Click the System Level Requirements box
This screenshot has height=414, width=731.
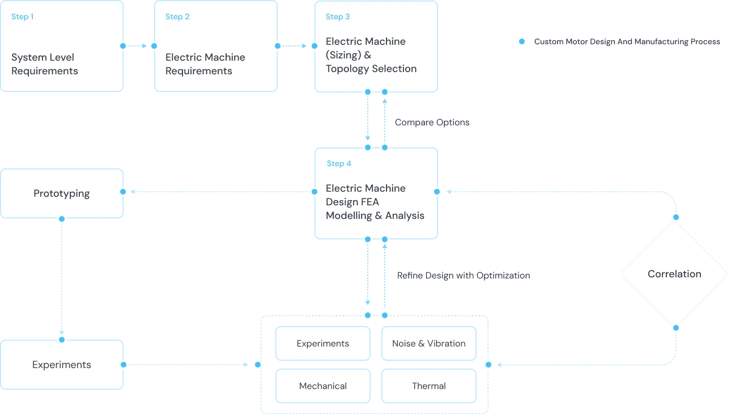[x=61, y=47]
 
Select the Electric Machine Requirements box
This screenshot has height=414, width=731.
[x=215, y=47]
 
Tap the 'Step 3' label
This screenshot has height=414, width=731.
[x=338, y=16]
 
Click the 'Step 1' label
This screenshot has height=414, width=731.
[x=22, y=16]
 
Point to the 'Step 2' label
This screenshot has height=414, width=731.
[x=177, y=16]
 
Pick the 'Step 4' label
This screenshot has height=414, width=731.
[x=339, y=163]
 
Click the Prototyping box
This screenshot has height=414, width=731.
[x=61, y=193]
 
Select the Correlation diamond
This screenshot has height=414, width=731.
[x=674, y=274]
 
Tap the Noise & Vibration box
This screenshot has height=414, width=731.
[x=428, y=343]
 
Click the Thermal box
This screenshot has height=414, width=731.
[x=428, y=386]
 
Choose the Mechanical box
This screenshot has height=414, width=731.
[x=322, y=386]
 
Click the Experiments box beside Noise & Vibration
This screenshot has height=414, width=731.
[x=322, y=343]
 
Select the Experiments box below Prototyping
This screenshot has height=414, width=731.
[x=61, y=365]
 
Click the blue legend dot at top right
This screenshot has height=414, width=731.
[x=522, y=41]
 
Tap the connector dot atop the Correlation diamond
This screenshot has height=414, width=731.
[x=675, y=217]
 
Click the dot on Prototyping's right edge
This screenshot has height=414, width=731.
[x=123, y=192]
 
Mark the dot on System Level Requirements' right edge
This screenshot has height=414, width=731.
[x=123, y=45]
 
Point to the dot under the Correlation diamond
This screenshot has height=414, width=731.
[x=675, y=327]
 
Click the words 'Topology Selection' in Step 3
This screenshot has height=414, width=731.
[x=371, y=69]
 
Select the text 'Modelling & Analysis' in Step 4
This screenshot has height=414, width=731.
[x=375, y=216]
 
